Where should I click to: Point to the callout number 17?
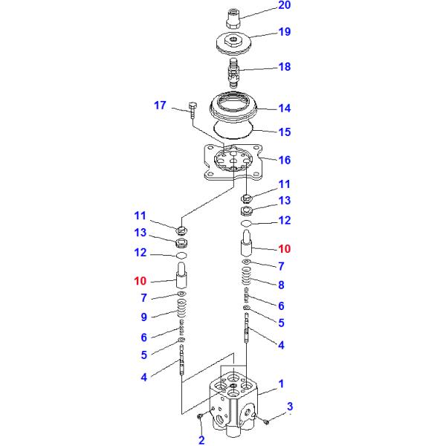160,106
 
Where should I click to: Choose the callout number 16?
285,160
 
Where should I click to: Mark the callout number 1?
281,384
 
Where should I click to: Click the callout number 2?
201,441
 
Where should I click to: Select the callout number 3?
290,406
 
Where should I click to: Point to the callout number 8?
281,285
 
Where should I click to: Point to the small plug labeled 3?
266,423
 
